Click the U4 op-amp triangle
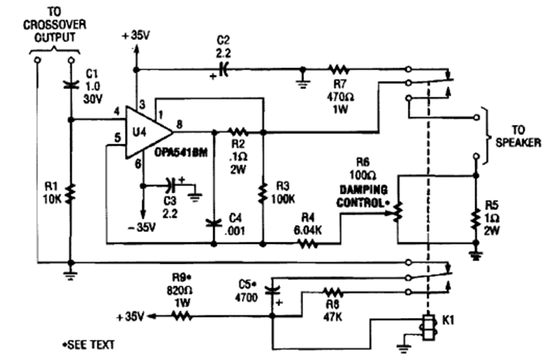click(144, 131)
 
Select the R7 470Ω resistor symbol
click(337, 68)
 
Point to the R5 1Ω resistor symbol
click(474, 217)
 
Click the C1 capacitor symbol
click(71, 85)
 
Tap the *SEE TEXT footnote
click(88, 345)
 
